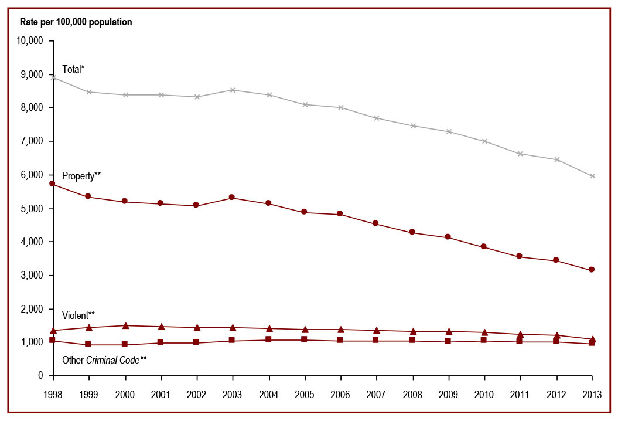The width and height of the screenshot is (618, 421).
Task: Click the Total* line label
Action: pos(73,69)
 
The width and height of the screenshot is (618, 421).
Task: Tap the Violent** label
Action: pos(78,315)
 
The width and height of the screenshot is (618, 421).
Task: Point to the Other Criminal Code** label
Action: pos(104,359)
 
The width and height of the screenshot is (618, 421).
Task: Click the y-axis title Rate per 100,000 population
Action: pos(76,22)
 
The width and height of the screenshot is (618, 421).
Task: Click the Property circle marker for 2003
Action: pos(233,198)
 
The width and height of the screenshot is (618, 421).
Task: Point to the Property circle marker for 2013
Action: pos(592,270)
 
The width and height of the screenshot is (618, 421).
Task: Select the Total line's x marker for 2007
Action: pos(376,118)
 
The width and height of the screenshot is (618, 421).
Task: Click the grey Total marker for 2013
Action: pos(592,176)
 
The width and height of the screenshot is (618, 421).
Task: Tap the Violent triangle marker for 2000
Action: pos(125,325)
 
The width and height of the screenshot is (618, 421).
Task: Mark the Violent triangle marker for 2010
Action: pos(484,332)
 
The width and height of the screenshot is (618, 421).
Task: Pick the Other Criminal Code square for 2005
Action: pos(305,339)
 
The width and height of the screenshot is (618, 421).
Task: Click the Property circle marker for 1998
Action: pos(53,184)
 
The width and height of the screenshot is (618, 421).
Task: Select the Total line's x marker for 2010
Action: pos(484,141)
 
